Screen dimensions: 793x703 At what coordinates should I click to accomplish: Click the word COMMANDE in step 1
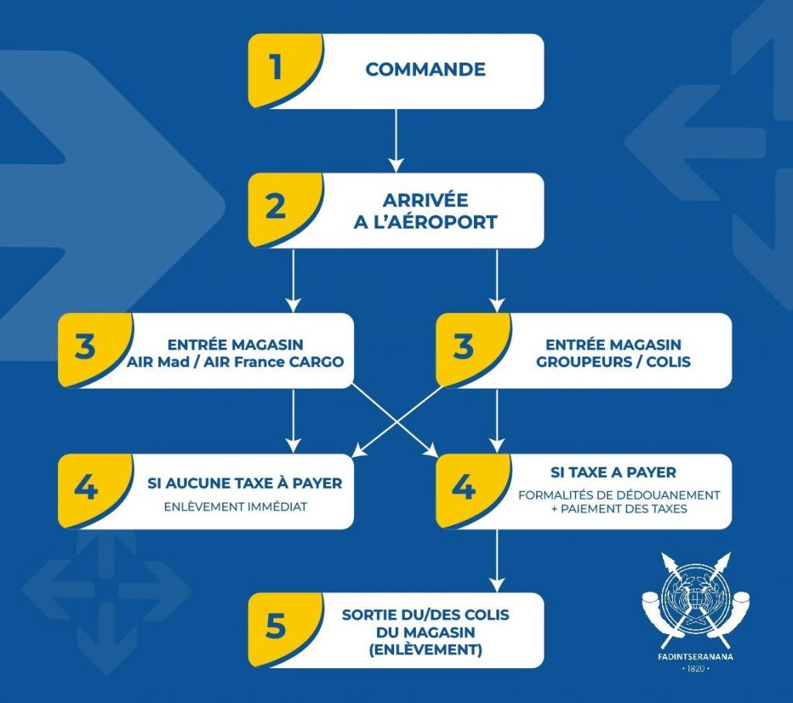coord(425,69)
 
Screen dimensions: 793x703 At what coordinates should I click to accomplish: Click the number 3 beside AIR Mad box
coord(85,347)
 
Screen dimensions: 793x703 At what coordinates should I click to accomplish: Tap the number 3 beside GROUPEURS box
coord(463,347)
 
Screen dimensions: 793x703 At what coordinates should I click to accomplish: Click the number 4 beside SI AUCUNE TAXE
coord(85,488)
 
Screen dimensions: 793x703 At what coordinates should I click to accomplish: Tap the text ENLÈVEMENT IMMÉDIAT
coord(235,507)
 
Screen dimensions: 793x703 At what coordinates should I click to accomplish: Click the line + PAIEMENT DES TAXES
coord(619,509)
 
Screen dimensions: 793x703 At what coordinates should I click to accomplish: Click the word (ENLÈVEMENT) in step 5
coord(425,650)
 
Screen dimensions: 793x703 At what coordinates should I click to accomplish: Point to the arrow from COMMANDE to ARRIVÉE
coord(396,141)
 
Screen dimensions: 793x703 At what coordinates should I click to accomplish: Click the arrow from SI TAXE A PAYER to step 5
coord(497,561)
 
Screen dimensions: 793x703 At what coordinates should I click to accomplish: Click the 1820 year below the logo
coord(696,669)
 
